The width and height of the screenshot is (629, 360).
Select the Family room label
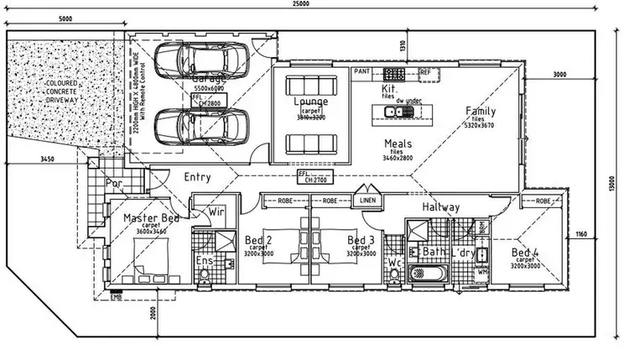481,111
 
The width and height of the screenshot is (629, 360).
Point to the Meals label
398,143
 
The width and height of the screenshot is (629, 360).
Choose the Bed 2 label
257,240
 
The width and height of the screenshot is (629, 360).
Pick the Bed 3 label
361,240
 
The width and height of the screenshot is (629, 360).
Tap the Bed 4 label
524,252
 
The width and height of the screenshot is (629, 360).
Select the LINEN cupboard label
366,201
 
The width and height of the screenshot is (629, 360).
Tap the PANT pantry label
361,73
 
